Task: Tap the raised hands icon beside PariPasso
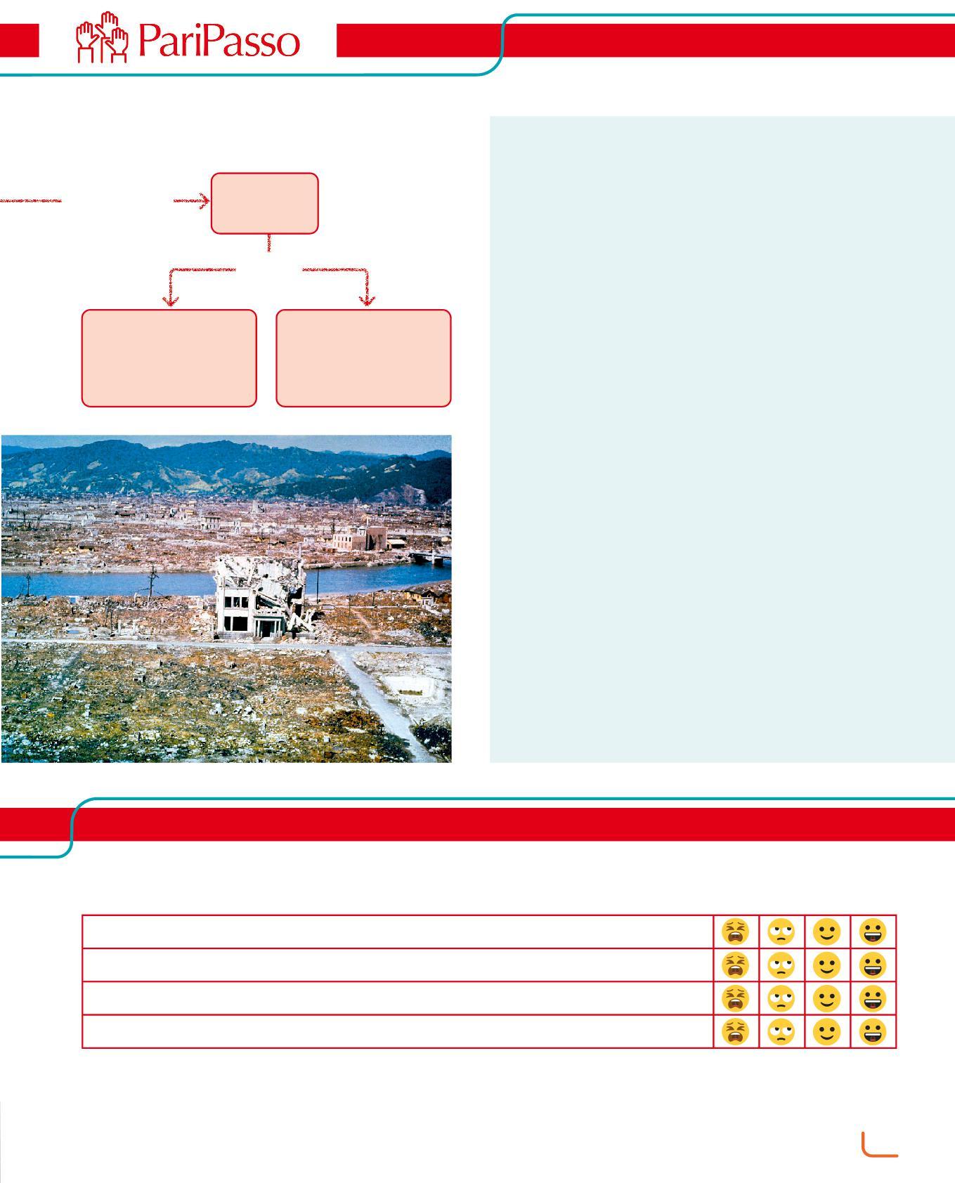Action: (x=102, y=39)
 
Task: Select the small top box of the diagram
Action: (x=265, y=203)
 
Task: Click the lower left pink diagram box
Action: (x=169, y=358)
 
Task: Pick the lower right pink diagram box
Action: (x=363, y=358)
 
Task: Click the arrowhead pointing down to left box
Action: (x=170, y=301)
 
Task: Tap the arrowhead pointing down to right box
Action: (x=366, y=301)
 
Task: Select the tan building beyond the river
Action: (x=358, y=538)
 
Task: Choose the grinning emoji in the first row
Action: (x=873, y=932)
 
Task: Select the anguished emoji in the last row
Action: (x=735, y=1031)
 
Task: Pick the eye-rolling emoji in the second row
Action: (x=781, y=965)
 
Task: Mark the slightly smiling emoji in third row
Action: (x=827, y=998)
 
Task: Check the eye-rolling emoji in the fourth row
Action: (x=781, y=1031)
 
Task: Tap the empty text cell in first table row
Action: (x=397, y=932)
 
